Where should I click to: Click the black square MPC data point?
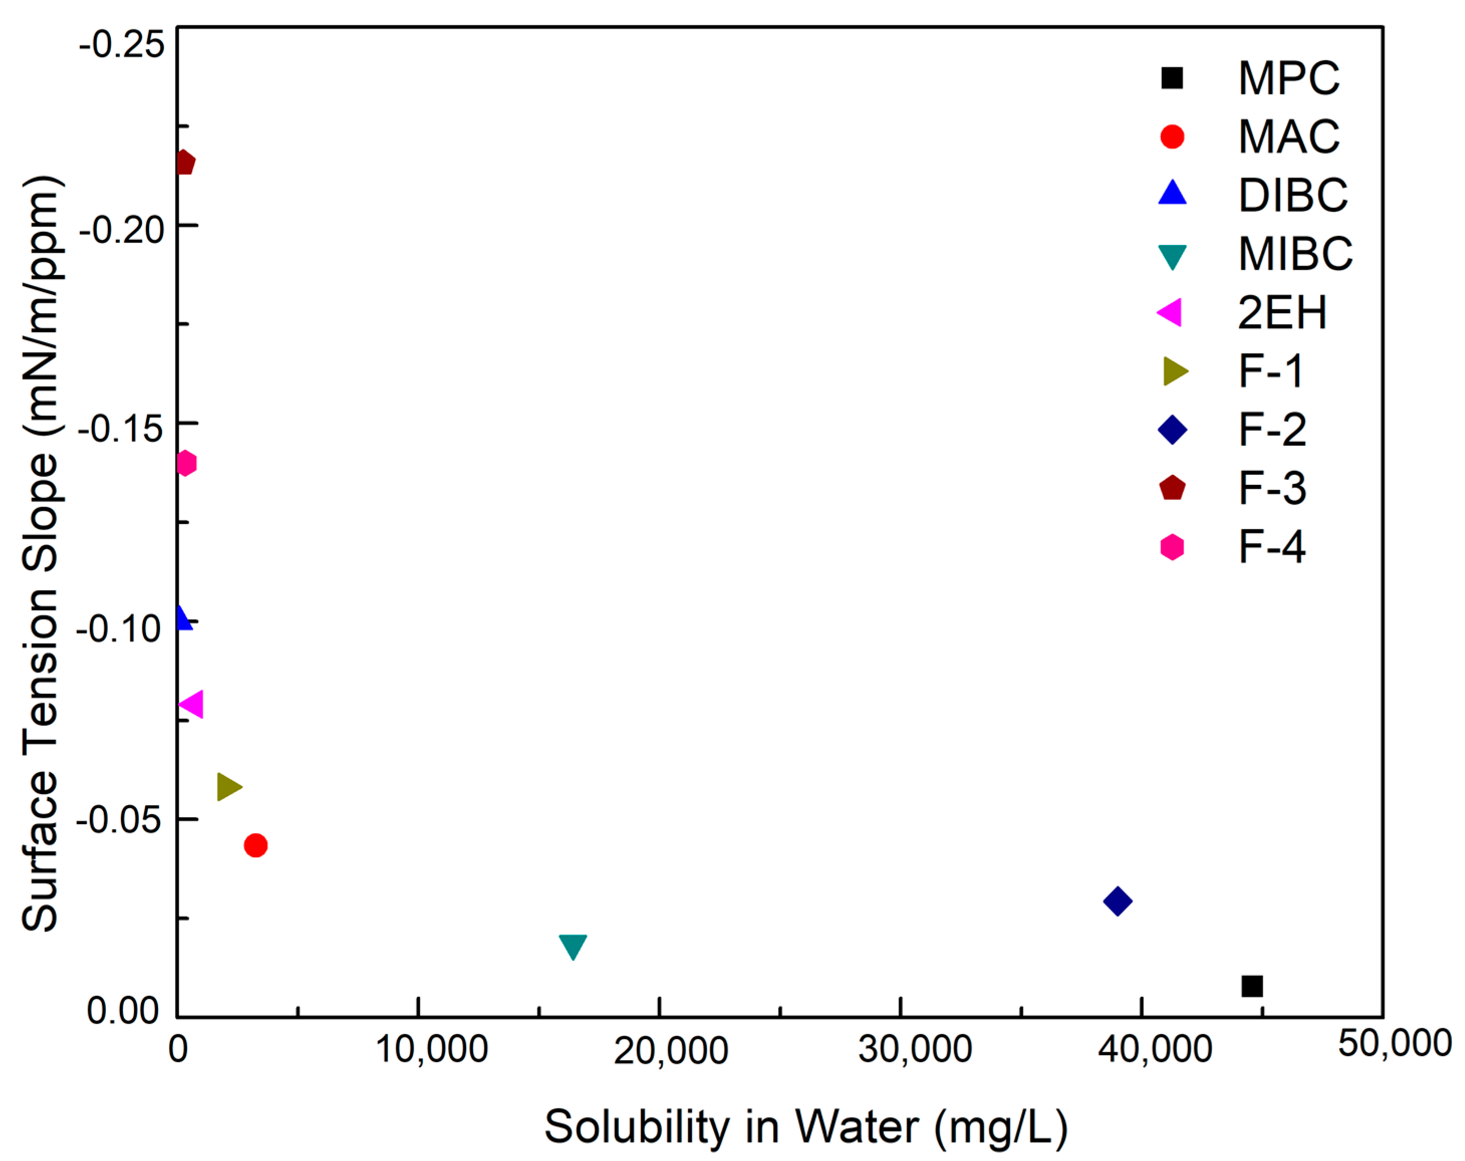(x=1252, y=986)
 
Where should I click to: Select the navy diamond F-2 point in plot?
(x=1117, y=901)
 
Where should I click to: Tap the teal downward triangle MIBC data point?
(x=573, y=945)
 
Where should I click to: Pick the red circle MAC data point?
(x=255, y=846)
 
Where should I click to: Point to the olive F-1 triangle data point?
(x=228, y=787)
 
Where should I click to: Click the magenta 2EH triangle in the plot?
(x=192, y=704)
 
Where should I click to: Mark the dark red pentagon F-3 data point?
(x=184, y=163)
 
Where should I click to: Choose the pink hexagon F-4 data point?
(x=186, y=464)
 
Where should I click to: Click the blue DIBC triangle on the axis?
(x=182, y=618)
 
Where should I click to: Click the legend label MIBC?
(x=1294, y=254)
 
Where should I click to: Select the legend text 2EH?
(x=1281, y=313)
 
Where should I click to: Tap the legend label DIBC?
(x=1292, y=196)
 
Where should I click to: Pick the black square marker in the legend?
(x=1172, y=78)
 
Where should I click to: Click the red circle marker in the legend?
(x=1172, y=137)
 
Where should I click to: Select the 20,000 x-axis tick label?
(x=671, y=1051)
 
